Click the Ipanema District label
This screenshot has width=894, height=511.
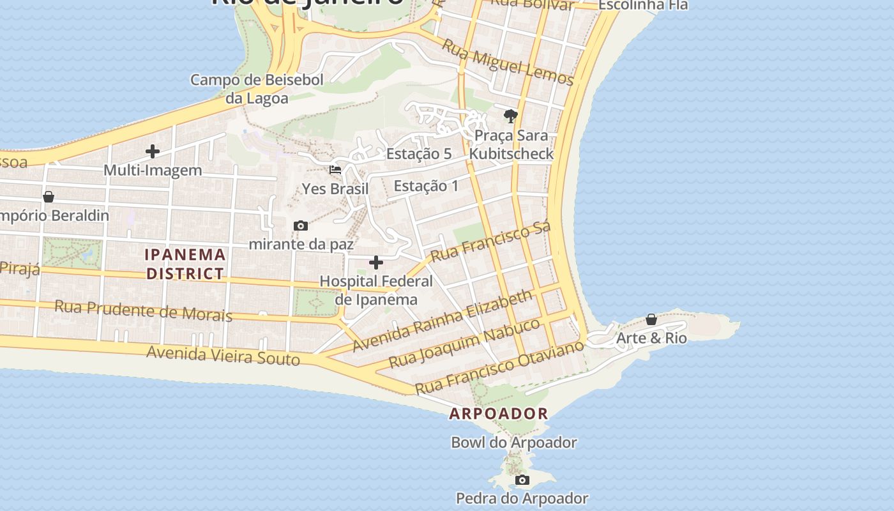[x=185, y=264]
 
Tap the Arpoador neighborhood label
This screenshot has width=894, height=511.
[x=498, y=413]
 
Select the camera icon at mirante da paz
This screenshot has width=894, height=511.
[x=301, y=226]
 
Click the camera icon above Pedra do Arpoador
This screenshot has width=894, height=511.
[x=522, y=480]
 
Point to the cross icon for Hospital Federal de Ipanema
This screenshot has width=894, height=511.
[x=376, y=263]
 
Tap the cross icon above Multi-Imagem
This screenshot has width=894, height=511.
[x=153, y=151]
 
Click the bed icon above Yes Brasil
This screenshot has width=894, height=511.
[x=335, y=170]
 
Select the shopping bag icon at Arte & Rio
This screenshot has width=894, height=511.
[x=651, y=319]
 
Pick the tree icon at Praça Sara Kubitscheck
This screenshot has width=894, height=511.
[x=510, y=116]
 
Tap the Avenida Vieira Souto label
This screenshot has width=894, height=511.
[x=223, y=355]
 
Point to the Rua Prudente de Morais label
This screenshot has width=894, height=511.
[x=143, y=310]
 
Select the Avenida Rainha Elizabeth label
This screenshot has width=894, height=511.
[x=443, y=321]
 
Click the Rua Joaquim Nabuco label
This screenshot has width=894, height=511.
[x=464, y=343]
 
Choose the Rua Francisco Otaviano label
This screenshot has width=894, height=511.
[x=499, y=367]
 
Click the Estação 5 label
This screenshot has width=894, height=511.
[x=419, y=154]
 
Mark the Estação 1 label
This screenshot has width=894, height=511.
[x=426, y=186]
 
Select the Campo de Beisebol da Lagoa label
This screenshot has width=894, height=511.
[x=257, y=89]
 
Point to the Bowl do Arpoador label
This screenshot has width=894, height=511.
[x=514, y=442]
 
